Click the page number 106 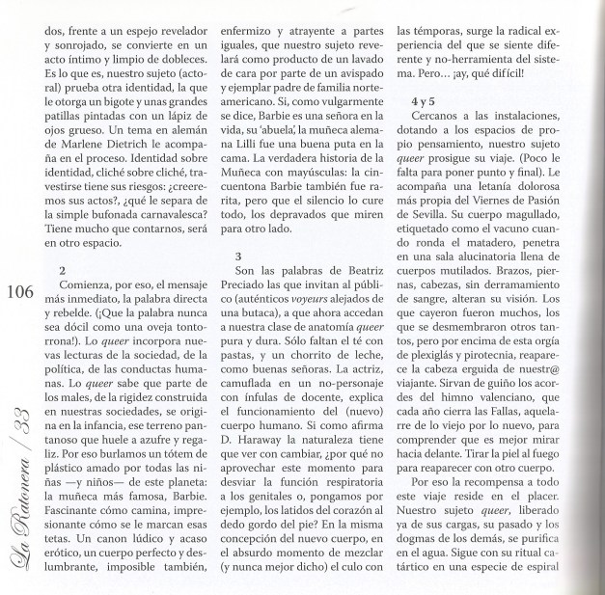[x=19, y=294]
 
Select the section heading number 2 [x=63, y=271]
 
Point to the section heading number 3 [x=237, y=256]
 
